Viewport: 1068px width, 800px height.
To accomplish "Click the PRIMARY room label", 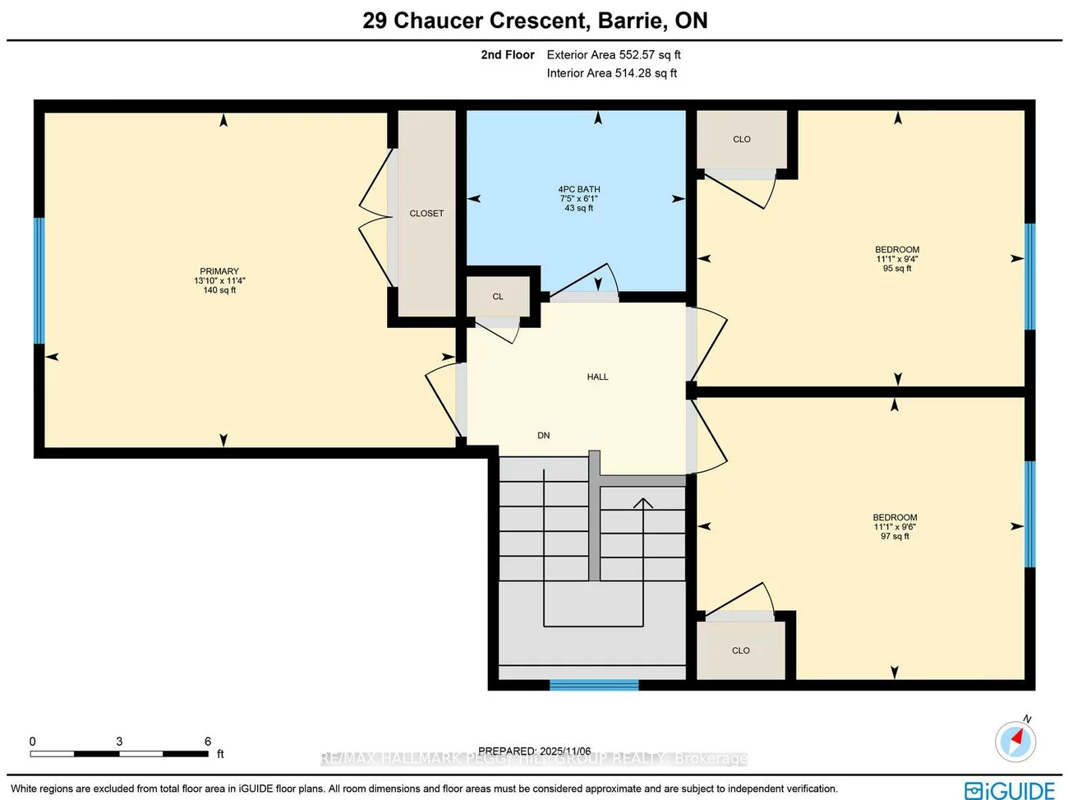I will point(219,271).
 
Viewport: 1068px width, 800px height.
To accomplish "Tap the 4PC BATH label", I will point(579,189).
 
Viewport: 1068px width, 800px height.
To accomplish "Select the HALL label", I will point(597,377).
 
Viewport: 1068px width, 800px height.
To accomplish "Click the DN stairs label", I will point(544,436).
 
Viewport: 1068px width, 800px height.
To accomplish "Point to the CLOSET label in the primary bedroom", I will point(426,214).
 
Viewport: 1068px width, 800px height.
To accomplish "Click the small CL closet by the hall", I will point(498,297).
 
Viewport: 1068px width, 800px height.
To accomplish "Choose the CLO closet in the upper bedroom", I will point(742,140).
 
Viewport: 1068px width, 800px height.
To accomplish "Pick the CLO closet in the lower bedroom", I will point(741,650).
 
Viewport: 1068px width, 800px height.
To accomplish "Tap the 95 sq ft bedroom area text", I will point(897,269).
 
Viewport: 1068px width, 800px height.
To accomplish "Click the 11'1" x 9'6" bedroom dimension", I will point(895,527).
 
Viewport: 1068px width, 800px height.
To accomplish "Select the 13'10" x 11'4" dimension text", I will point(219,281).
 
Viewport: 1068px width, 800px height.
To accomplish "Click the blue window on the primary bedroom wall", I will point(39,280).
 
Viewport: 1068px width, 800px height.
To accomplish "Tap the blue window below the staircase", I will point(594,684).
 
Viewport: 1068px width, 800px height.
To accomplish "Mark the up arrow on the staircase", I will point(642,502).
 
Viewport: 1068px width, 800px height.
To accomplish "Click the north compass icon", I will point(1015,740).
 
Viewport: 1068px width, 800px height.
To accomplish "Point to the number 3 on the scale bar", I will point(119,742).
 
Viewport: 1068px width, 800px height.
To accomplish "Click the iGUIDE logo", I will point(1010,790).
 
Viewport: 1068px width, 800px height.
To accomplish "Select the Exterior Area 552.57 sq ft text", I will point(614,55).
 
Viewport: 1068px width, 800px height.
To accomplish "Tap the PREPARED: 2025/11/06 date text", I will point(534,751).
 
